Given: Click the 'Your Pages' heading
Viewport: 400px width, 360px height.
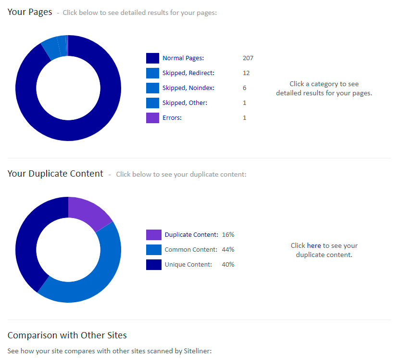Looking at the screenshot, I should click(30, 12).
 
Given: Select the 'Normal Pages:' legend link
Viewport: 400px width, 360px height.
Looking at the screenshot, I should click(183, 58).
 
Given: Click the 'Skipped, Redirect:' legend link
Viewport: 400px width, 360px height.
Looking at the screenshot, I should click(188, 73).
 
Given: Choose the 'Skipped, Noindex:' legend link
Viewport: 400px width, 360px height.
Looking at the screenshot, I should click(188, 88).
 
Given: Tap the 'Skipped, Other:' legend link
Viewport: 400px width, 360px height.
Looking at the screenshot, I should click(185, 103).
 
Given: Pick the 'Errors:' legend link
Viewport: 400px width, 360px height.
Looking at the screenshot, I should click(172, 118).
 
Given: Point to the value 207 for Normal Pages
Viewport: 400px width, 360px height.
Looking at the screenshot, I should click(248, 58).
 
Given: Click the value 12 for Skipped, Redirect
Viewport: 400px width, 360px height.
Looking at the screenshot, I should click(246, 73).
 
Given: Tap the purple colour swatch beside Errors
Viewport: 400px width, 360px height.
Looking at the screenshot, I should click(152, 118).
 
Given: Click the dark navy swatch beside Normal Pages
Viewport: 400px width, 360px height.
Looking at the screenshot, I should click(152, 58).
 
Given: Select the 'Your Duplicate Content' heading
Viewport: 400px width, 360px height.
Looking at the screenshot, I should click(55, 174).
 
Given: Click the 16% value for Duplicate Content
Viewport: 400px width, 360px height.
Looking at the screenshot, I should click(228, 235).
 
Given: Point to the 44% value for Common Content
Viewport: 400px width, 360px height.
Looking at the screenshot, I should click(228, 250).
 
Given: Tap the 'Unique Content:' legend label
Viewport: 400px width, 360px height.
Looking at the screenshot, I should click(188, 265).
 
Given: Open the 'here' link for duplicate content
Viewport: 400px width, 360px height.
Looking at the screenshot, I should click(313, 245).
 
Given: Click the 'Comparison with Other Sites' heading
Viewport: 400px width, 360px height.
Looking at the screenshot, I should click(67, 335).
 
